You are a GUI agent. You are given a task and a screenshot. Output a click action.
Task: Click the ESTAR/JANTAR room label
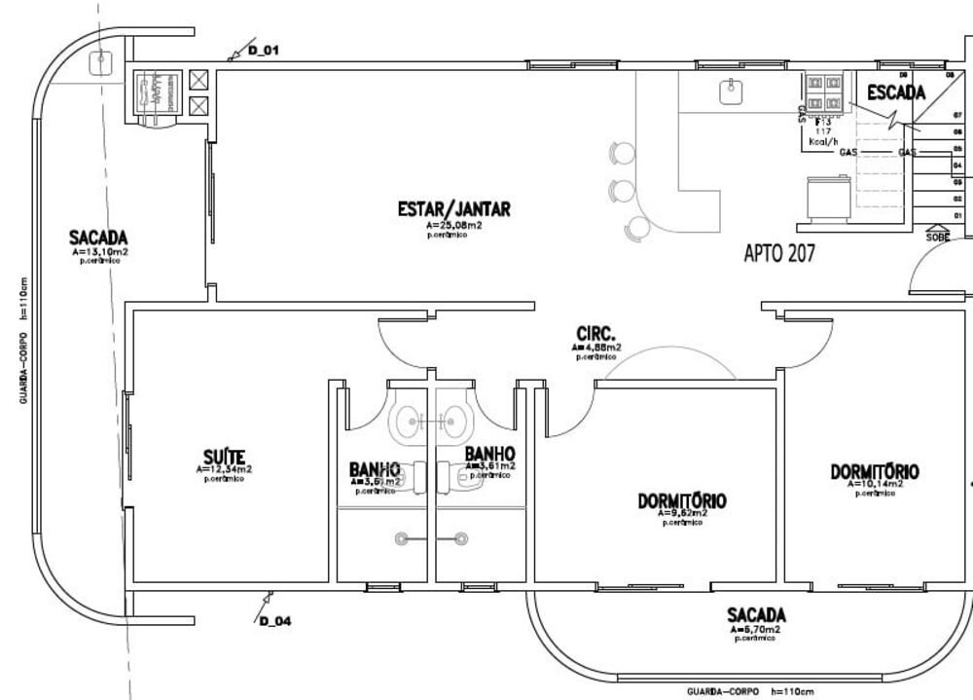click(453, 209)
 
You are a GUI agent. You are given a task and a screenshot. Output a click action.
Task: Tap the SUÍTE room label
click(224, 457)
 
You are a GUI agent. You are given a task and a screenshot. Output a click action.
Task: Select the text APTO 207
click(778, 254)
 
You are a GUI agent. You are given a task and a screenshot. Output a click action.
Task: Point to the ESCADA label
click(896, 93)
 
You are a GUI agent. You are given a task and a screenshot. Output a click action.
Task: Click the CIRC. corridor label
click(595, 332)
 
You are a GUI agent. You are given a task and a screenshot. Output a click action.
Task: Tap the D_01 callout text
click(264, 49)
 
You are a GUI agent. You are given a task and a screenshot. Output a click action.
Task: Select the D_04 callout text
click(275, 621)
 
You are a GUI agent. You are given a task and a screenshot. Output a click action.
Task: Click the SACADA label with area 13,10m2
click(98, 238)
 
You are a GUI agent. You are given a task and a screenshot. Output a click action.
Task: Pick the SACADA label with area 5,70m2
click(756, 615)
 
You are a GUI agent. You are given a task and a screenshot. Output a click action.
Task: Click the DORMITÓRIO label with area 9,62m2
click(682, 501)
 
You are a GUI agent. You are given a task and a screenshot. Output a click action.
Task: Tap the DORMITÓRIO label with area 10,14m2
click(874, 472)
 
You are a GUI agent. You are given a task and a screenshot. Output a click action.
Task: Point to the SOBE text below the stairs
click(937, 236)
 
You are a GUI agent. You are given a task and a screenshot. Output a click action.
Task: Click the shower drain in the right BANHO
click(460, 536)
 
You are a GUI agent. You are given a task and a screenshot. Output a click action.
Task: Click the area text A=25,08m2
click(453, 225)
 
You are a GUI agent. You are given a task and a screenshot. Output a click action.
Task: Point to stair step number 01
click(957, 215)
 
